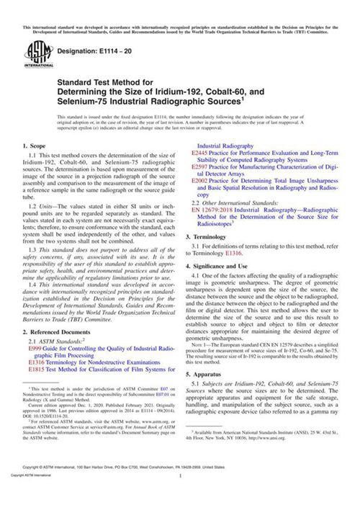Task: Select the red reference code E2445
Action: tap(199, 153)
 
